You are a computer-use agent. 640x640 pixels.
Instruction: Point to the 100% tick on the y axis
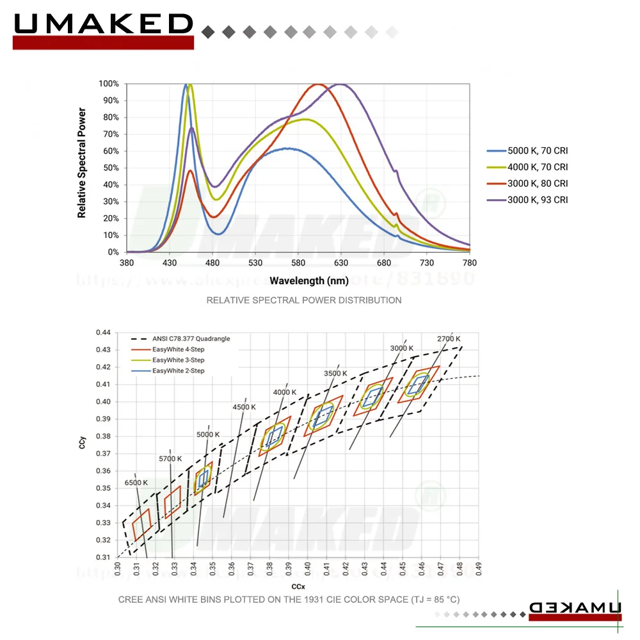point(108,84)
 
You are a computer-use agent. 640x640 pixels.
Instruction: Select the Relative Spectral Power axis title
point(82,163)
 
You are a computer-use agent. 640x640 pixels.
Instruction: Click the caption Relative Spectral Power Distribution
point(304,300)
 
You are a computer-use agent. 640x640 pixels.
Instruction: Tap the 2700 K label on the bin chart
point(449,339)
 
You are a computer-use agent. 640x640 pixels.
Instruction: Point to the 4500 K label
point(244,407)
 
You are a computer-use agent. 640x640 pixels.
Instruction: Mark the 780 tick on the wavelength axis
point(470,263)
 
